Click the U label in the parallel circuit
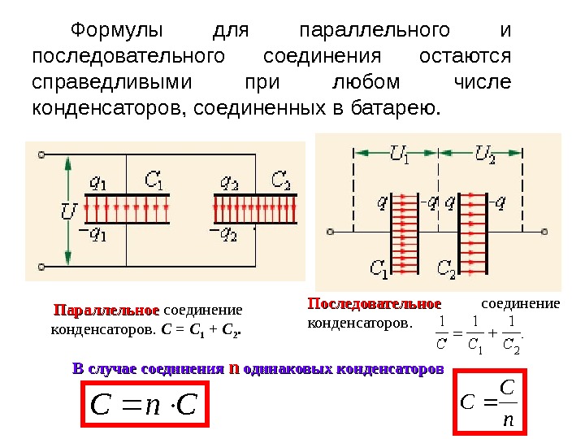click(x=70, y=213)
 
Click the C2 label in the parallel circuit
click(x=280, y=180)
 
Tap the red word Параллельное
click(x=106, y=311)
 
